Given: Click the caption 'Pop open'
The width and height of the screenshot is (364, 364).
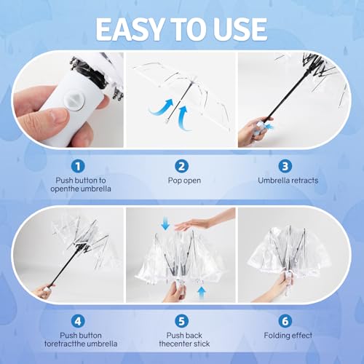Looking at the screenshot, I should pos(182,180).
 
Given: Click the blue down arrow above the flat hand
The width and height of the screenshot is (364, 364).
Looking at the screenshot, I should pos(165,225).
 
